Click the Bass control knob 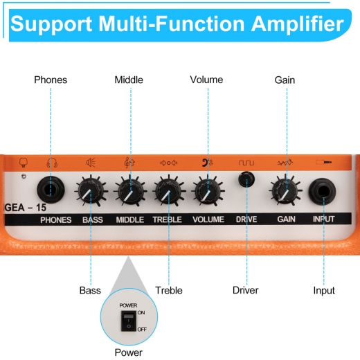click(x=91, y=190)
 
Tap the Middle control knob click(x=130, y=190)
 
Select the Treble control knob click(x=169, y=190)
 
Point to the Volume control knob click(x=208, y=190)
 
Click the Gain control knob click(x=285, y=190)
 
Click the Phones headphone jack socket click(x=51, y=190)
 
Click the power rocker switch click(x=129, y=321)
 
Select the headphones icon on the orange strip click(x=52, y=163)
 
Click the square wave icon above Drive click(x=246, y=163)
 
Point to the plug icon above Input click(x=324, y=162)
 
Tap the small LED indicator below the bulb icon click(x=24, y=177)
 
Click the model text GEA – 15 click(x=26, y=208)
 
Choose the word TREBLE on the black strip click(x=167, y=219)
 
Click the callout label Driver click(x=245, y=290)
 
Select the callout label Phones click(x=51, y=80)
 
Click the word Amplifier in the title click(x=298, y=24)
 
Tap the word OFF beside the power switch click(x=142, y=330)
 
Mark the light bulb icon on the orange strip click(x=24, y=163)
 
